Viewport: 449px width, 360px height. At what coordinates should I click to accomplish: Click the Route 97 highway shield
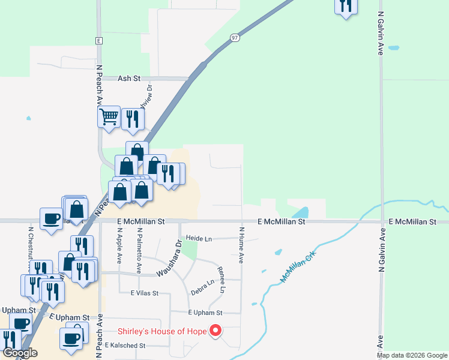coord(235,38)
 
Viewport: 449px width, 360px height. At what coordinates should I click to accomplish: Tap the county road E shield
coord(98,40)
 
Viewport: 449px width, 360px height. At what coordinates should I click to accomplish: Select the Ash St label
coord(128,78)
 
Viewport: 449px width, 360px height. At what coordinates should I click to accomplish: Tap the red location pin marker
coord(215,331)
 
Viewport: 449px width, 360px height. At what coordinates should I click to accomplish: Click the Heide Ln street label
coord(199,238)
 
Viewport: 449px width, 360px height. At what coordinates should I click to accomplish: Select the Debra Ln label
coord(202,287)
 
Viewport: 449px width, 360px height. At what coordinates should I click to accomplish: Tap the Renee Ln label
coord(221,280)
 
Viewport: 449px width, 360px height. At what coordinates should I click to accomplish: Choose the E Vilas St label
coord(144,293)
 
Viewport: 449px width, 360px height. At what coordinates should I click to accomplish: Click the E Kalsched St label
coord(125,346)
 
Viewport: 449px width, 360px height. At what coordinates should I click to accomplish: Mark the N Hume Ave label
coord(241,245)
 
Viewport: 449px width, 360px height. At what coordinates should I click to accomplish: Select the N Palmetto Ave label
coord(139,250)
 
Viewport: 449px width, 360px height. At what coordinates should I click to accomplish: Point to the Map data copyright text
coord(412,355)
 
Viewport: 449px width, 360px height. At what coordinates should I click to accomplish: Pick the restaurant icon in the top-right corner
coord(346,6)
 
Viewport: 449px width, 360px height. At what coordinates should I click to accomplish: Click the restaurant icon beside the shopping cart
coord(132,118)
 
